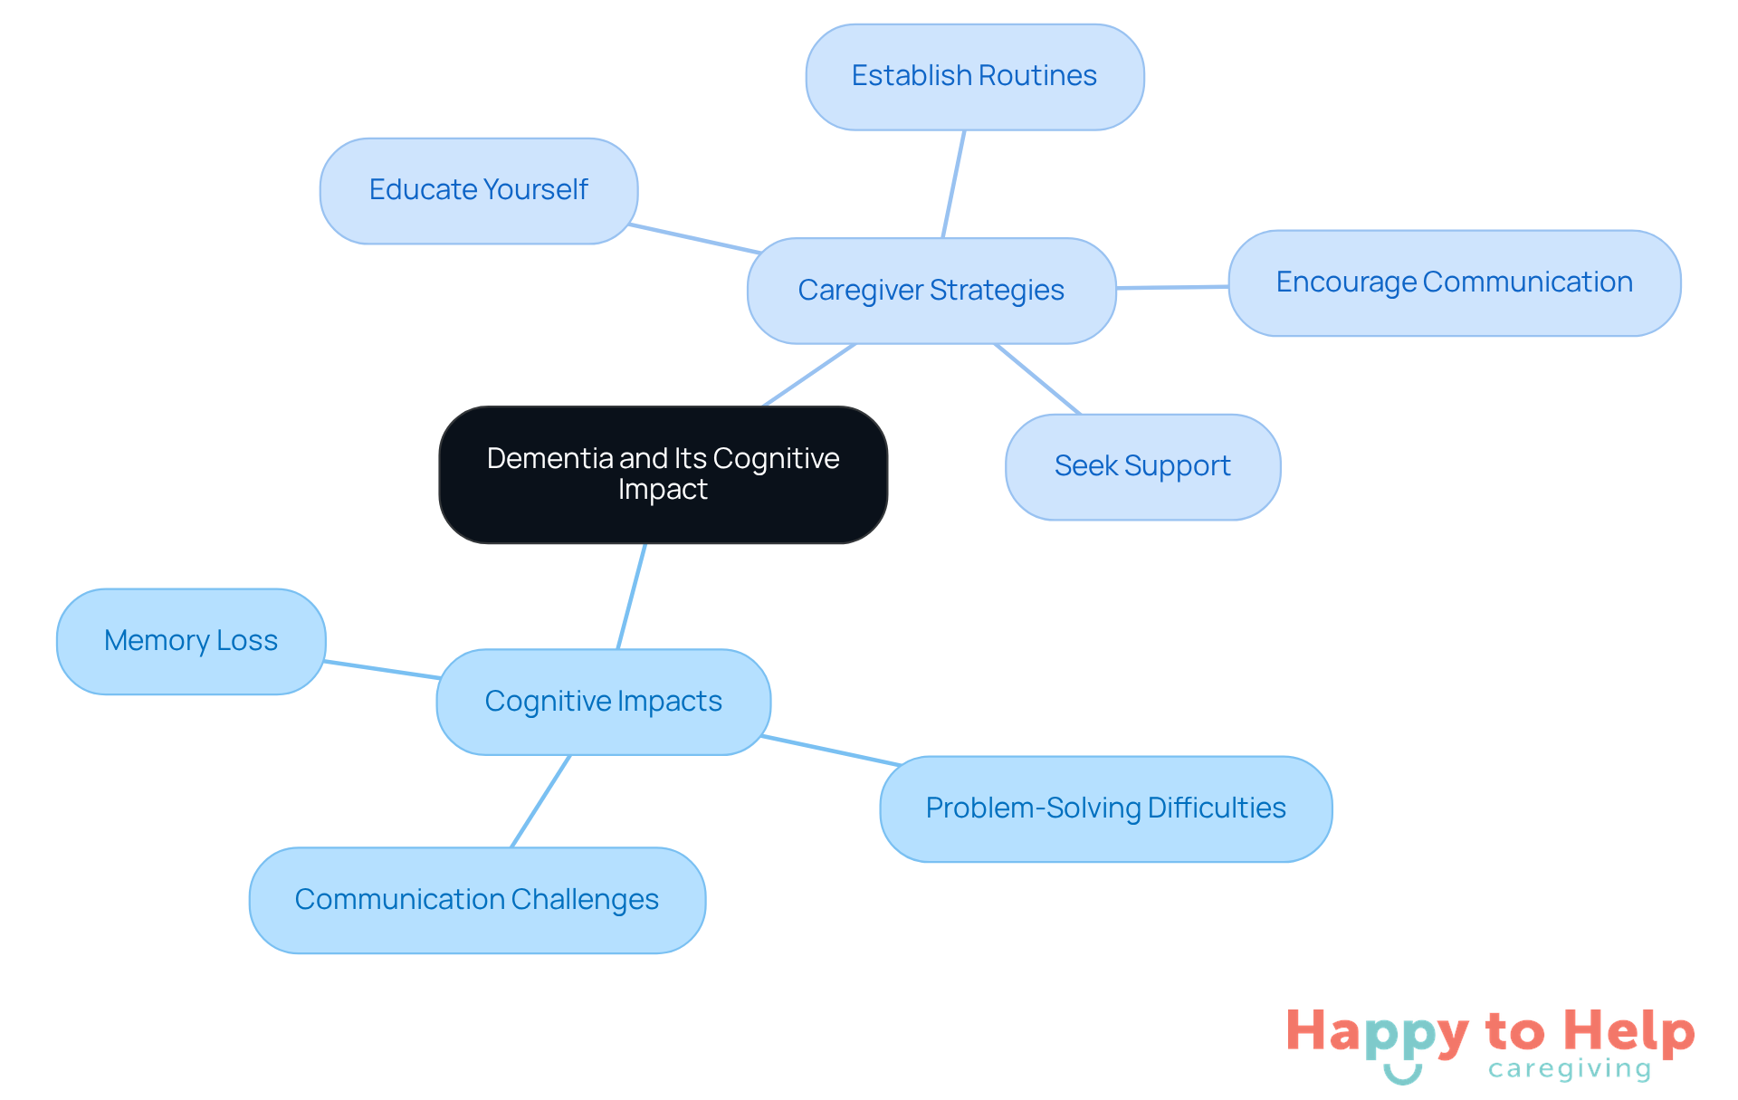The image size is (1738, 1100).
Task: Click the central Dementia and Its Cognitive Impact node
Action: [x=663, y=474]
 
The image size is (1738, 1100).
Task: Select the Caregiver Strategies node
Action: [x=931, y=291]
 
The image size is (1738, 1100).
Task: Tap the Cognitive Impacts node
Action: [x=603, y=702]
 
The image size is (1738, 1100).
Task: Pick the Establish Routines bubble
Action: [x=974, y=76]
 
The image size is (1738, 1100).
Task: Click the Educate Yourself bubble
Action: [x=478, y=190]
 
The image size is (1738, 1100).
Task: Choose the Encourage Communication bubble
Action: [x=1454, y=282]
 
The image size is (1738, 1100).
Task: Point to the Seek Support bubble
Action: [x=1142, y=466]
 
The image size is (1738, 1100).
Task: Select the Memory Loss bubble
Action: [x=190, y=641]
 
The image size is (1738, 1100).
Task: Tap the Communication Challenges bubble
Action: [x=477, y=900]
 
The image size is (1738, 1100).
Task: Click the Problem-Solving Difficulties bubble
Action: [x=1105, y=808]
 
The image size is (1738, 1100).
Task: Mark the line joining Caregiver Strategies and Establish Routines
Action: [x=954, y=184]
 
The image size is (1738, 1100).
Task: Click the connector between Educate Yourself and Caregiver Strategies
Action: [x=694, y=238]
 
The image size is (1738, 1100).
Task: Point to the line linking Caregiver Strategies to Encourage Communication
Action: [x=1172, y=287]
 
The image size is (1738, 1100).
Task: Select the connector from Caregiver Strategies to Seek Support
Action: [x=1037, y=378]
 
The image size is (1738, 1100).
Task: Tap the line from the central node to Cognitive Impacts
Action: [x=632, y=596]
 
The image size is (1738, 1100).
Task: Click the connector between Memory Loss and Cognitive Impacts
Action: [x=382, y=669]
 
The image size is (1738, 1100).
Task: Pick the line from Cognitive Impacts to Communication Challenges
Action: [x=541, y=800]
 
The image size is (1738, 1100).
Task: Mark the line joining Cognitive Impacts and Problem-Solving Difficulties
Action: [x=831, y=751]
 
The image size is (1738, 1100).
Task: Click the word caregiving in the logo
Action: [x=1569, y=1069]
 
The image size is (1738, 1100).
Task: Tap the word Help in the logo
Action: [x=1628, y=1031]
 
